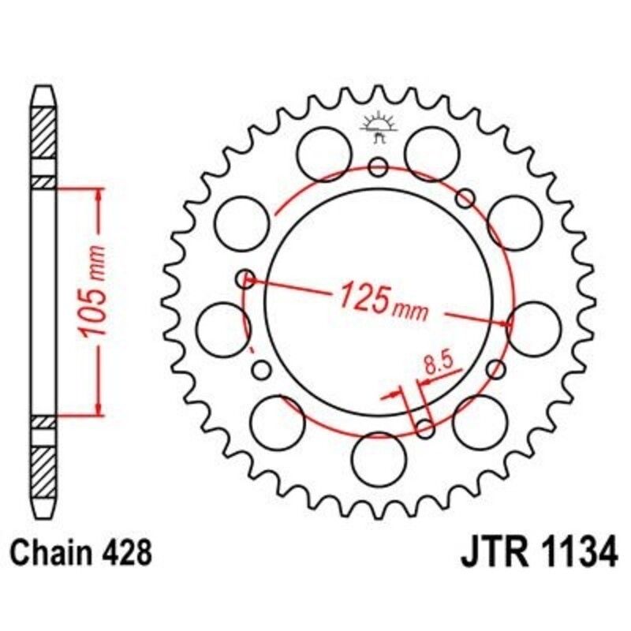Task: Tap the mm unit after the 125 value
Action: [x=411, y=310]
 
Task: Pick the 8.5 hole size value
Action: [x=436, y=364]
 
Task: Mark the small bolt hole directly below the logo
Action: [x=379, y=166]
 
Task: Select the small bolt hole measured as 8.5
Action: [x=424, y=428]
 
